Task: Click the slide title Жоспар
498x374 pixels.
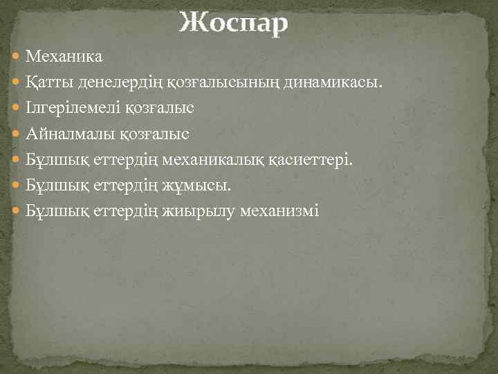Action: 233,23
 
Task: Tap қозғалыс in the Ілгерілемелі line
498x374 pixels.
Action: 160,109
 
